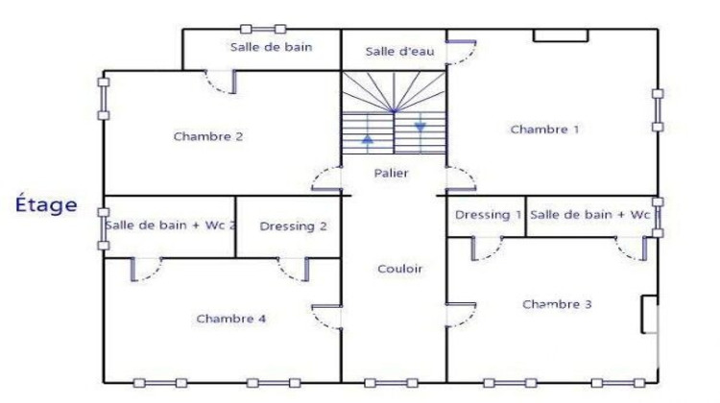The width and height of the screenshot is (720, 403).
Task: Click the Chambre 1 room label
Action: click(x=545, y=130)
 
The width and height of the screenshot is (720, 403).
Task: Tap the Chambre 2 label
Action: click(x=207, y=136)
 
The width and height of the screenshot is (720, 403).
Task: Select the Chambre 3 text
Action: click(x=557, y=304)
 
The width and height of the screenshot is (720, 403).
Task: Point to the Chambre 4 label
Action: click(x=230, y=319)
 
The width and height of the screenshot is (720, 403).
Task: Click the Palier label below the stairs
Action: click(x=392, y=174)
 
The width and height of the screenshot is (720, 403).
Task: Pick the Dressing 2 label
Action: click(x=294, y=226)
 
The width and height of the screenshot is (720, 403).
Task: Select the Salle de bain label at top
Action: click(x=271, y=46)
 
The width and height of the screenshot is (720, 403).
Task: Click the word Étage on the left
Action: click(x=46, y=204)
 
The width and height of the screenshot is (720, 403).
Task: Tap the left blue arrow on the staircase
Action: click(x=368, y=141)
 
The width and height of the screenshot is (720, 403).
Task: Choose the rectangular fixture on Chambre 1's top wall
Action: click(x=561, y=36)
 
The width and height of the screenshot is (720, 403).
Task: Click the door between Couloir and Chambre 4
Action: click(x=330, y=316)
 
